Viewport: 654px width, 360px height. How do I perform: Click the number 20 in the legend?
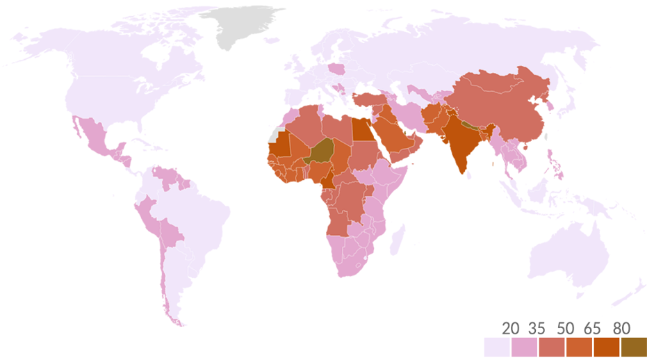510,328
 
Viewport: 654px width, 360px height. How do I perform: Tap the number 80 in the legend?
622,328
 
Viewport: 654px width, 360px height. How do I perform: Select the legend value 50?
566,328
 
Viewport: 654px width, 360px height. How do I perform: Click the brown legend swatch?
634,346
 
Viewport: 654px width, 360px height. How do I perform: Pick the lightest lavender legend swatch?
497,346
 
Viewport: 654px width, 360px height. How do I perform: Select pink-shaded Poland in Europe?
338,69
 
